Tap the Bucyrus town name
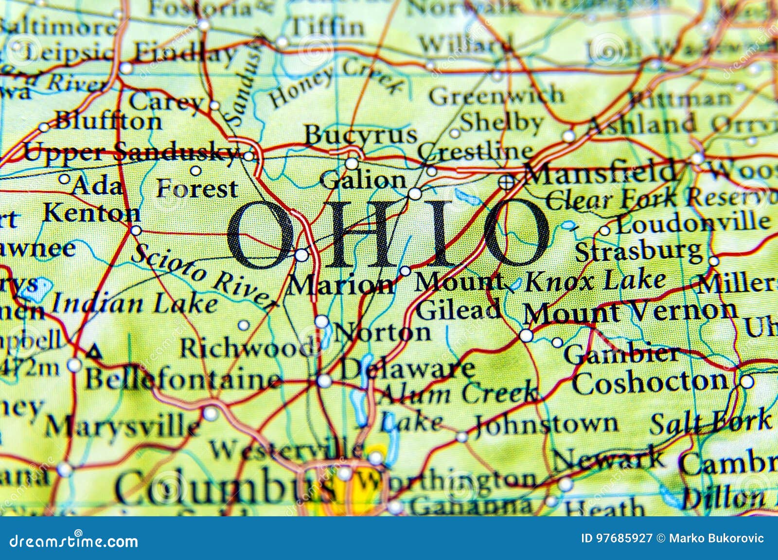click(361, 135)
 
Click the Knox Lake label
click(596, 281)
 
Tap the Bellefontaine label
click(183, 379)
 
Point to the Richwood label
click(246, 347)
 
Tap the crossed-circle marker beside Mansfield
click(507, 182)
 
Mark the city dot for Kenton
click(136, 230)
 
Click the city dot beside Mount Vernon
click(526, 336)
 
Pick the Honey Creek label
click(336, 82)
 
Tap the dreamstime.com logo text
click(74, 541)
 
